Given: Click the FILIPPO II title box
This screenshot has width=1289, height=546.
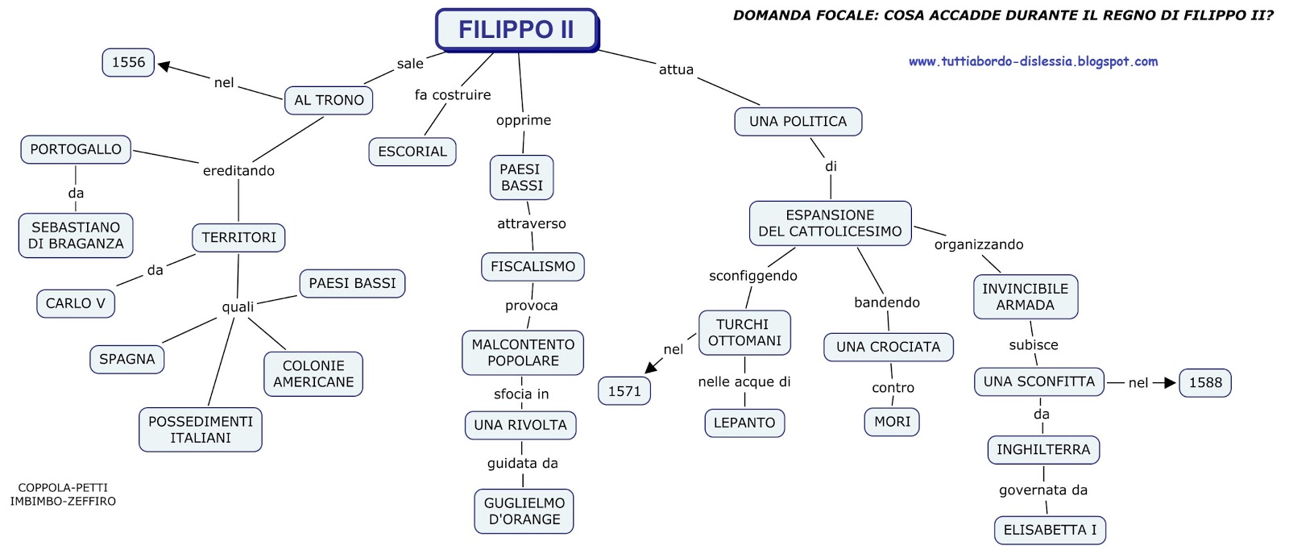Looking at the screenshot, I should click(516, 30).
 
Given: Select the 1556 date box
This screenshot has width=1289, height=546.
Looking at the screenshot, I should click(128, 62).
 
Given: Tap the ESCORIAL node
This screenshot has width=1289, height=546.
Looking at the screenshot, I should click(412, 152).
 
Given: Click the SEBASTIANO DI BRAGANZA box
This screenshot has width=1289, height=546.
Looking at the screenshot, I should click(76, 235).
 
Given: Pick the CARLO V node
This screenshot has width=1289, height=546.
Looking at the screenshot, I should click(76, 303).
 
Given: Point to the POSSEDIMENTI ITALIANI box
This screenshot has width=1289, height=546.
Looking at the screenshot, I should click(201, 430).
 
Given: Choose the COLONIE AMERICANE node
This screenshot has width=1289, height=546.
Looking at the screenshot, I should click(313, 374).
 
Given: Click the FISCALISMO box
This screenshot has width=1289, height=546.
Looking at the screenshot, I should click(533, 267).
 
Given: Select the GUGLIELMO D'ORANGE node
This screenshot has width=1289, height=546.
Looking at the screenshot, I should click(524, 511).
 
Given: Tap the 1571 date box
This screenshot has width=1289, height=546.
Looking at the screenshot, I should click(624, 391).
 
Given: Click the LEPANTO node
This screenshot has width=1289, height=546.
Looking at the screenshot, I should click(744, 423).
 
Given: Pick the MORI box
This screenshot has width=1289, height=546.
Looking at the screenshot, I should click(892, 422).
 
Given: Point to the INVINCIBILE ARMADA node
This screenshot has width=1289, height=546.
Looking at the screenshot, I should click(1025, 297).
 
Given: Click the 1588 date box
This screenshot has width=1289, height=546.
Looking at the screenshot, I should click(1205, 383).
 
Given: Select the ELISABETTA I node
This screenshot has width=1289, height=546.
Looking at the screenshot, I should click(1050, 531).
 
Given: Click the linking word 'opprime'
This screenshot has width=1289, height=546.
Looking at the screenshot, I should click(524, 120).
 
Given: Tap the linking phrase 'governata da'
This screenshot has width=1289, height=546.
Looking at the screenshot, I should click(1043, 490).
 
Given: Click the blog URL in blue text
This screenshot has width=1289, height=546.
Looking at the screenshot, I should click(1033, 61).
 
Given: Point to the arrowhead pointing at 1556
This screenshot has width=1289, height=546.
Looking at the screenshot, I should click(164, 66).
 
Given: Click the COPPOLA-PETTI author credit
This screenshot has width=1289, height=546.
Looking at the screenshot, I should click(63, 488).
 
